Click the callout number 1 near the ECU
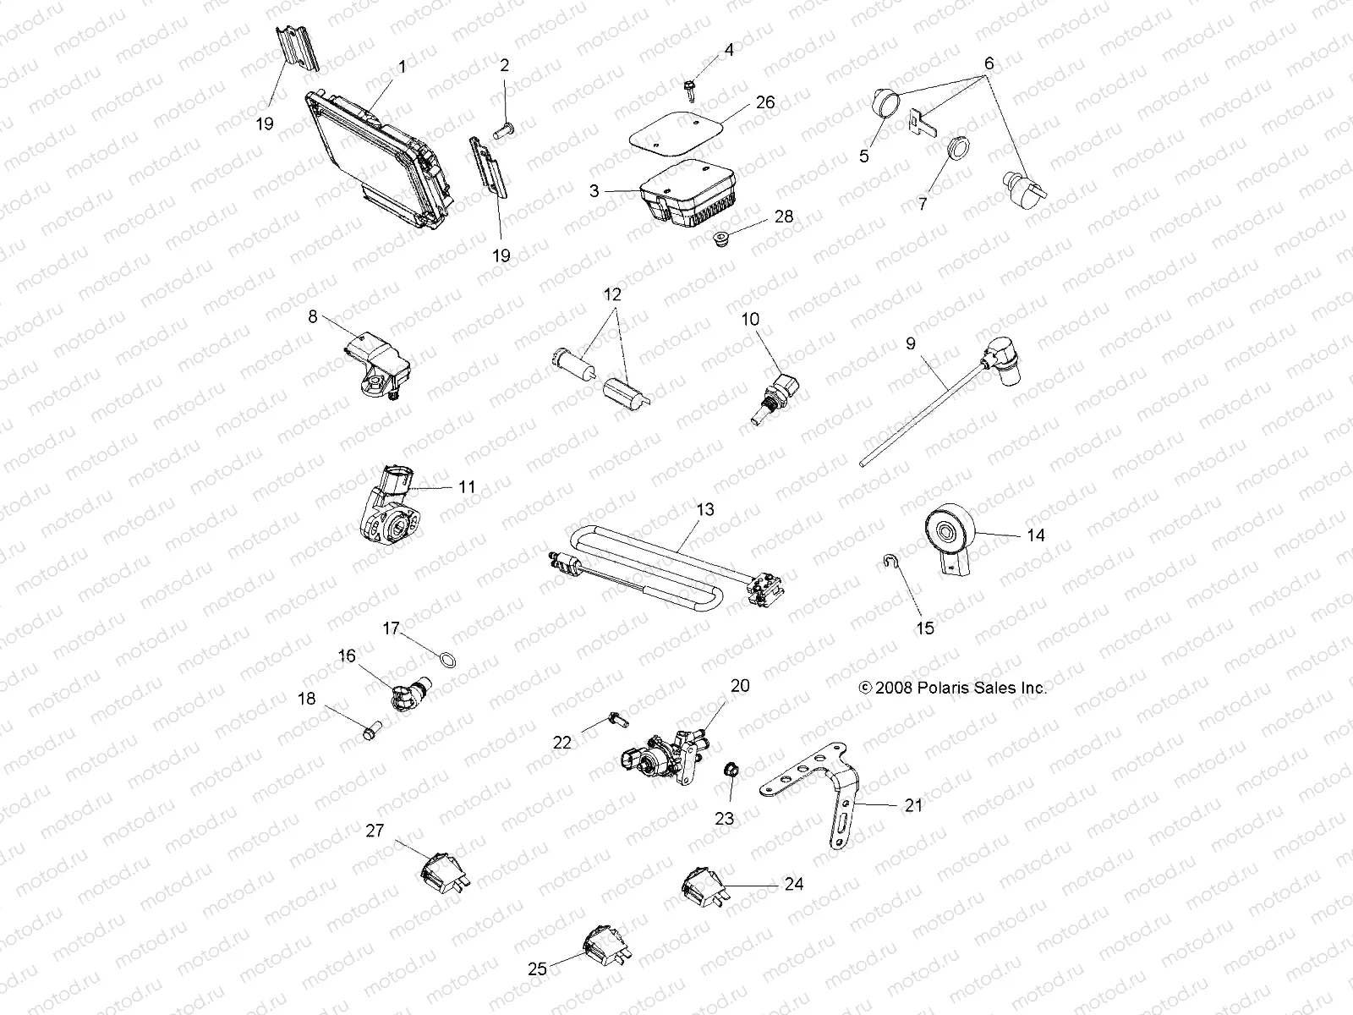pos(402,67)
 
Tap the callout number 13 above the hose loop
pos(704,510)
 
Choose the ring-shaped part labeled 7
pos(958,150)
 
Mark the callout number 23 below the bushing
pos(725,818)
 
